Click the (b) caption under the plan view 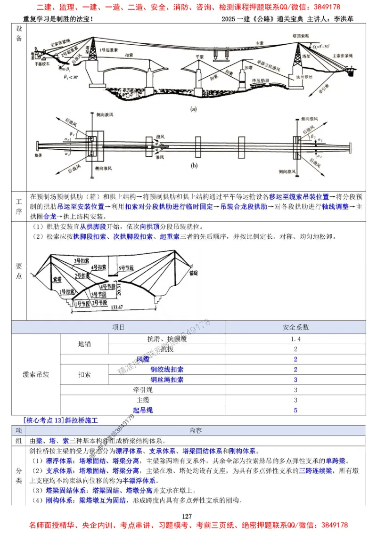click(193, 166)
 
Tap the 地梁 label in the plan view click(39, 154)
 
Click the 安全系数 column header click(295, 327)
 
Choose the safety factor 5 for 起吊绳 click(295, 410)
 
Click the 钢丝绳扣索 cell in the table click(167, 380)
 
